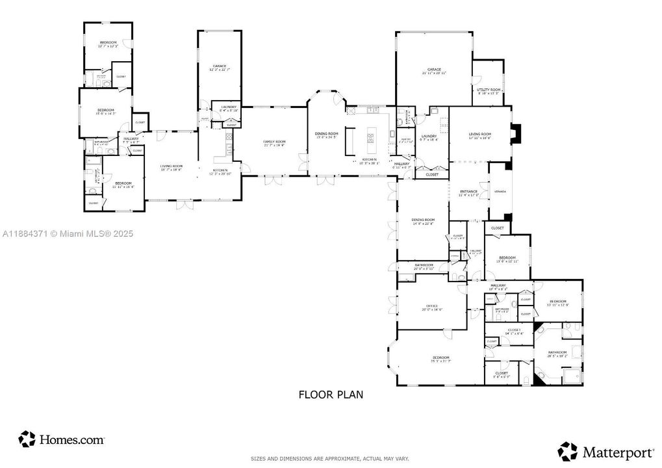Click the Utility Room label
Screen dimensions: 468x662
(489, 91)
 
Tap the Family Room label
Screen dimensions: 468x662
(274, 143)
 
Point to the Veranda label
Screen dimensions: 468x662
(500, 192)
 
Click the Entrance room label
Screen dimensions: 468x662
(469, 193)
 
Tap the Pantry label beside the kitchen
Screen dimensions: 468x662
(406, 141)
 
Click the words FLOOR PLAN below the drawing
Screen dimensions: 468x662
(331, 394)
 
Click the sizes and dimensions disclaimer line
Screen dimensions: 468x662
(331, 459)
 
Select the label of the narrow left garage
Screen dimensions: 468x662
(219, 68)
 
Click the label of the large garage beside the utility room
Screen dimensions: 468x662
(434, 71)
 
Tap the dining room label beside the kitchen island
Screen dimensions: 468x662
(327, 135)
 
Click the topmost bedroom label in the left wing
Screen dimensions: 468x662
(108, 44)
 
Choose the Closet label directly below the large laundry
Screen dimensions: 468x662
(432, 175)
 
